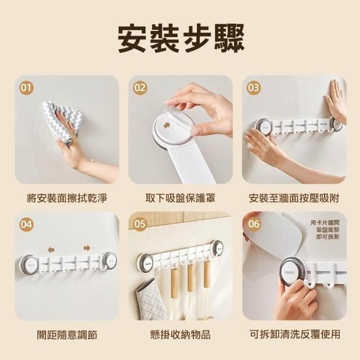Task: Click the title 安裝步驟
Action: pos(181,38)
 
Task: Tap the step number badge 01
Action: pos(26,88)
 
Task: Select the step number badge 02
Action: pos(140,88)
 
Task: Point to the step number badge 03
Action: pos(254,88)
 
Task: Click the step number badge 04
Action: pos(26,224)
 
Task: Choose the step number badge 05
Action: pos(140,224)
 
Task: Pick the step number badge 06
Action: pos(254,224)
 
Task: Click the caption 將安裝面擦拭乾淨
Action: pos(67,198)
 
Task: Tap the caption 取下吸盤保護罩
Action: pos(181,198)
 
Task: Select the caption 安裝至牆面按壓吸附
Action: pos(294,198)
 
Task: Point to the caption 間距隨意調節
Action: pos(67,334)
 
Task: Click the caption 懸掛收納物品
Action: pos(181,334)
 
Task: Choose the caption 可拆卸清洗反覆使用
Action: pos(295,334)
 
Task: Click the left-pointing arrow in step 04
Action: pos(51,250)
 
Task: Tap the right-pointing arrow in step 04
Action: pos(87,248)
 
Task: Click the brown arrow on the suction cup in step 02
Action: pos(166,125)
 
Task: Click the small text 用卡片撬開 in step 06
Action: pos(325,223)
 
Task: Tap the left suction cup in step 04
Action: pos(29,265)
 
